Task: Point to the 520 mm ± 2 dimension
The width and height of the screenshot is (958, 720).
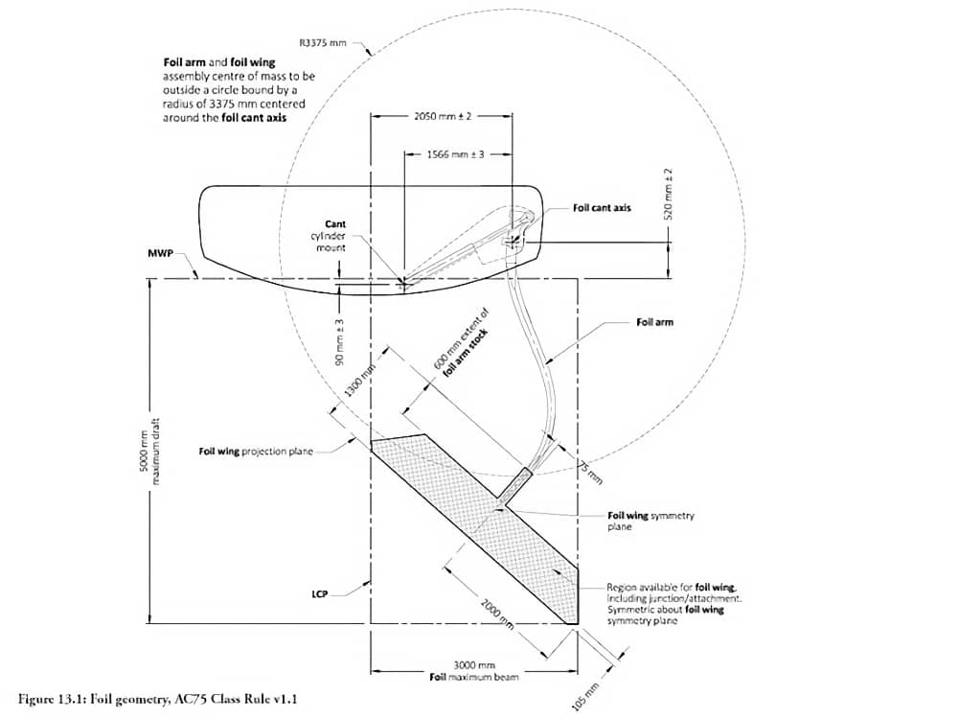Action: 670,197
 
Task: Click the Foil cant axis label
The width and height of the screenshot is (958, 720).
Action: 602,207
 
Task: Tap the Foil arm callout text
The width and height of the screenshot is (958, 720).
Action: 654,322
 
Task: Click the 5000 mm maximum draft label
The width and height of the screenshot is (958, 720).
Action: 149,451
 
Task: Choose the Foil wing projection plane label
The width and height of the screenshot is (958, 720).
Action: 256,451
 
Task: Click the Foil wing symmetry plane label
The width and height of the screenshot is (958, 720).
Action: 651,521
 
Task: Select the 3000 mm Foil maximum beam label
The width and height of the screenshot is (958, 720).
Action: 473,671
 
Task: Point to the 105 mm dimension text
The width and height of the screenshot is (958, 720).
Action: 585,695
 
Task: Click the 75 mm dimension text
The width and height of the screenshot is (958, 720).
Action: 587,470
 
